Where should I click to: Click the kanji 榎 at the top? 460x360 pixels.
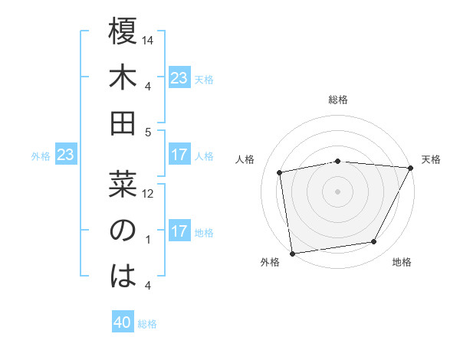(x=123, y=34)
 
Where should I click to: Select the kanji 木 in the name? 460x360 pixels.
(x=123, y=78)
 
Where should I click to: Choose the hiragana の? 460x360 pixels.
(x=123, y=231)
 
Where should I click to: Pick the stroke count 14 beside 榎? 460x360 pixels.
(x=149, y=40)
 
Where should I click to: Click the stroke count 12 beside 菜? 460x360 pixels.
(x=149, y=193)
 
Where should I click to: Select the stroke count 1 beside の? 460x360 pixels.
(x=147, y=240)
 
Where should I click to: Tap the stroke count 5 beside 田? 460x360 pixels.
(x=147, y=132)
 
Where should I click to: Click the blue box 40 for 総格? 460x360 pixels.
(x=123, y=322)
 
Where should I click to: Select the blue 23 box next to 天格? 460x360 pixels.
(x=179, y=77)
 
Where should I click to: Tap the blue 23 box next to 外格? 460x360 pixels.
(x=66, y=155)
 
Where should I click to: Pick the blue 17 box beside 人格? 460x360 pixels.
(x=179, y=155)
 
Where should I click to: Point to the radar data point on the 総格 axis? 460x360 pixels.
(x=337, y=161)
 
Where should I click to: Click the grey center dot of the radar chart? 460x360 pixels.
(x=337, y=191)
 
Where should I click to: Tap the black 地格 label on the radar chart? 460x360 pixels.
(x=402, y=263)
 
